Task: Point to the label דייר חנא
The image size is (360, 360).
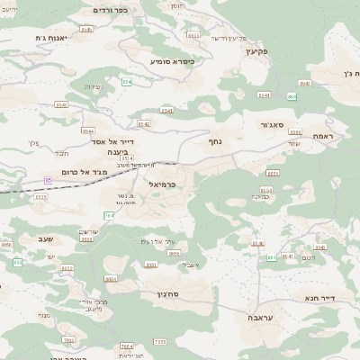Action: pos(319,297)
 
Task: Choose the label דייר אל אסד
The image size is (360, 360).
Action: pos(113,141)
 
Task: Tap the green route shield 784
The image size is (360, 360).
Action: pos(109,215)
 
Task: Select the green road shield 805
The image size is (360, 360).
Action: pos(272,258)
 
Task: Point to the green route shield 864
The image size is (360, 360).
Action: pos(292,95)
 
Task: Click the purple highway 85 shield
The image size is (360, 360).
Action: pos(48,180)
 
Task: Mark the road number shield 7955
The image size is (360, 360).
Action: pos(160,342)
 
